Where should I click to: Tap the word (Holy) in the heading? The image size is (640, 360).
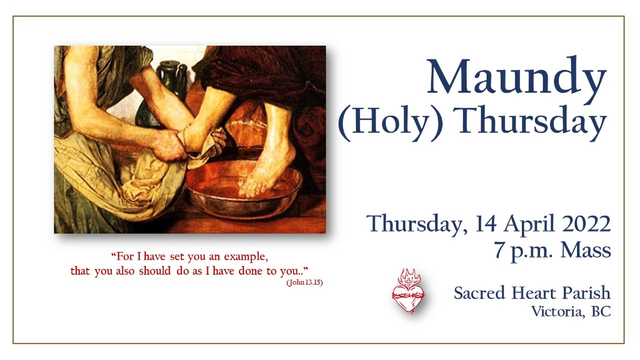pos(391,121)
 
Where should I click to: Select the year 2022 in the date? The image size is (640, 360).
pos(587,224)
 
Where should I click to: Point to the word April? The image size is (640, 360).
pos(529,224)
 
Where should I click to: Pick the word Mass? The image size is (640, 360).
pos(586,250)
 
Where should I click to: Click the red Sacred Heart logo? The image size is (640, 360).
pos(408,291)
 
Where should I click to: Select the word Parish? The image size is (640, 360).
pos(586,293)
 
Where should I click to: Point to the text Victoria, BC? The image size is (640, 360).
pos(571,312)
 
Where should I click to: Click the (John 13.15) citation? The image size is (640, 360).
pos(304,283)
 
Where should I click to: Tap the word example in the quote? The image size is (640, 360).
pos(246,257)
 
